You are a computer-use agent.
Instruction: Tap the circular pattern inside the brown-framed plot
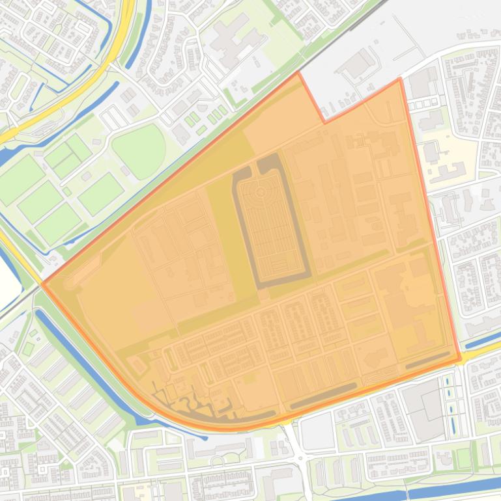click(x=260, y=193)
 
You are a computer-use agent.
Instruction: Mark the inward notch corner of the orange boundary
click(x=324, y=122)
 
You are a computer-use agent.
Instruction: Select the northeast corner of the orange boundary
click(x=399, y=79)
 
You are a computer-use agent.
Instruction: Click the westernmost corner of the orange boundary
click(x=42, y=283)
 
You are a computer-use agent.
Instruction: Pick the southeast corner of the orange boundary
click(x=460, y=359)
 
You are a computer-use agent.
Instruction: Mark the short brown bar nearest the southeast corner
click(x=426, y=361)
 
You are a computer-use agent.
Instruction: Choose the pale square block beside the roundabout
click(x=318, y=431)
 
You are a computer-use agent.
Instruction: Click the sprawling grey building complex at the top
click(x=231, y=39)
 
